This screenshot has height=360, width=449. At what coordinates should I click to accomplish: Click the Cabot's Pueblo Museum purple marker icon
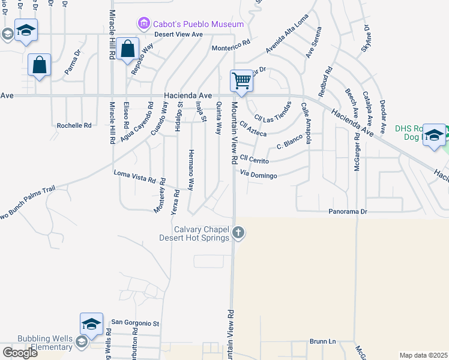coord(143,24)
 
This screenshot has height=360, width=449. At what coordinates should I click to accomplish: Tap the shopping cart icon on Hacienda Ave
coord(241,80)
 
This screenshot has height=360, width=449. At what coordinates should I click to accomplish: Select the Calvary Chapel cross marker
coord(238,232)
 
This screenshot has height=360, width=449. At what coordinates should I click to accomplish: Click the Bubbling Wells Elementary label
coord(36,343)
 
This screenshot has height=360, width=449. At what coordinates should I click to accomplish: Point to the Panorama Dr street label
coord(347,212)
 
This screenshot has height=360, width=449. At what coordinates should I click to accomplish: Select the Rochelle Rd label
coord(74,125)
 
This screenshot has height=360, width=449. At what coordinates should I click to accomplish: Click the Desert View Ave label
coord(179,34)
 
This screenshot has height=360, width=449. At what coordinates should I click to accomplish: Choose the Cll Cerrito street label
coord(254,160)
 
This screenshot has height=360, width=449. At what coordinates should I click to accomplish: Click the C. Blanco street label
coord(288,146)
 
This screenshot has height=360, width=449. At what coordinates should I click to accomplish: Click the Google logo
coord(20,353)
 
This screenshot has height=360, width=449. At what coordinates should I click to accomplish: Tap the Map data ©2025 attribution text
coord(423,355)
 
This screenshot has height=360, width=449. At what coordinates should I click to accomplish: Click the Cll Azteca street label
coord(252,130)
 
